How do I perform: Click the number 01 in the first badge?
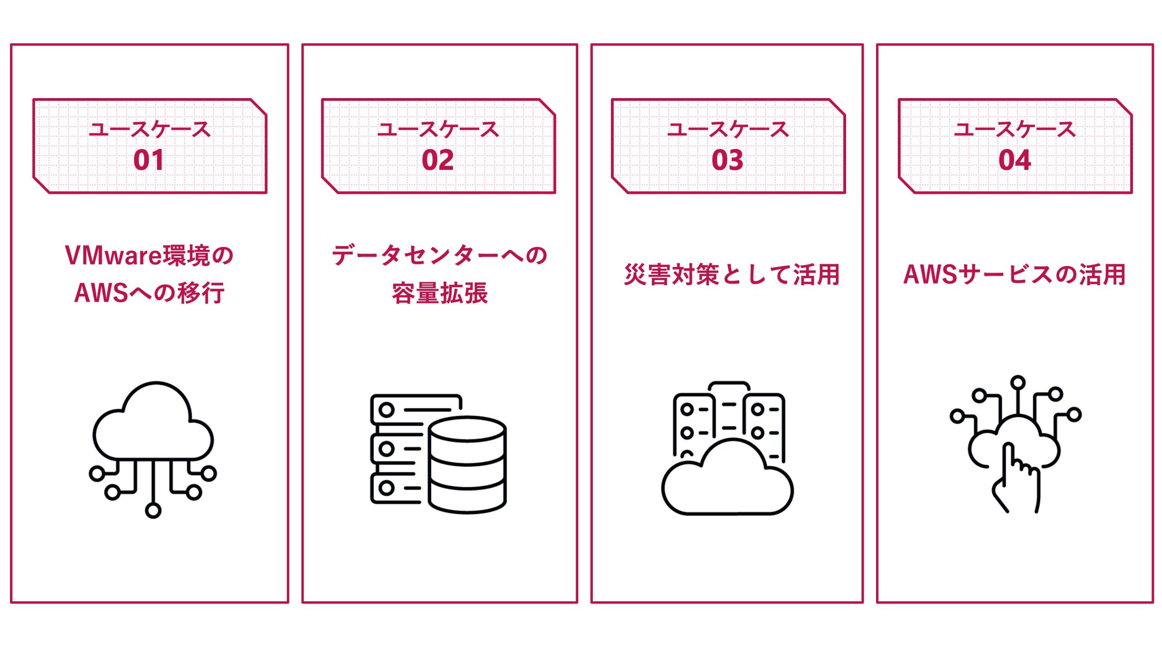(148, 160)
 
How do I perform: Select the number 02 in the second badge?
(438, 160)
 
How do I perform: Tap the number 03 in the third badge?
(727, 160)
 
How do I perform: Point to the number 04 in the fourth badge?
(1014, 160)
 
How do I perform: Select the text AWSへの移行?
(149, 293)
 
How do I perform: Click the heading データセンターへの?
(439, 255)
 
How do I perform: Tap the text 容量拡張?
(439, 293)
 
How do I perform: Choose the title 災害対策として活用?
(732, 275)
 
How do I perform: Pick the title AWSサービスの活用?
(1014, 275)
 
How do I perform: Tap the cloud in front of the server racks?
(727, 481)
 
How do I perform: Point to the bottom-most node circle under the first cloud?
(153, 510)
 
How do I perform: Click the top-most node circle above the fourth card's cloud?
(1018, 382)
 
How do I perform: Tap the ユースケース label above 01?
(149, 129)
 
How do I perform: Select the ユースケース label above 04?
(1014, 129)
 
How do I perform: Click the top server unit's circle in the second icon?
(386, 410)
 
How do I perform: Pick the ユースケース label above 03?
(727, 129)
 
